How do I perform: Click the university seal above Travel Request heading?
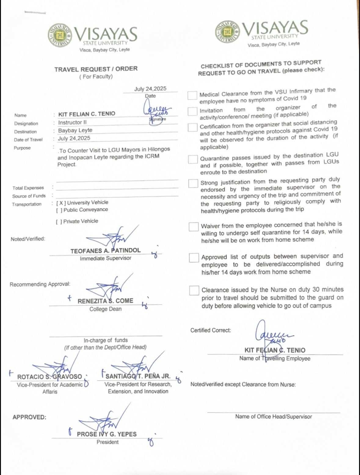60,35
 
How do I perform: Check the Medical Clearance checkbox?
192,95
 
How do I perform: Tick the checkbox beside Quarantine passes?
193,159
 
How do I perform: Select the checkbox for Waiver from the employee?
194,227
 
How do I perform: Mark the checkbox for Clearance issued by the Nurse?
194,291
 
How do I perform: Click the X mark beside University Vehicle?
61,203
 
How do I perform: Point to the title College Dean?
105,309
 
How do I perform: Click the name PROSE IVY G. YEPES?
107,434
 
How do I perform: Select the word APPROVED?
29,417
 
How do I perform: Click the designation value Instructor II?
72,123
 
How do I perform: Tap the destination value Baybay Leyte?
75,131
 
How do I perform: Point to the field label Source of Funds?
29,196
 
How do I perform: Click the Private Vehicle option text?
81,221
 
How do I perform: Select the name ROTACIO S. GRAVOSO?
49,377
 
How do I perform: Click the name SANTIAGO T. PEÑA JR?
138,376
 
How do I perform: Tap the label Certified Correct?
211,330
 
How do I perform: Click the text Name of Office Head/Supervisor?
274,417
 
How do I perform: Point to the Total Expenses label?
28,188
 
